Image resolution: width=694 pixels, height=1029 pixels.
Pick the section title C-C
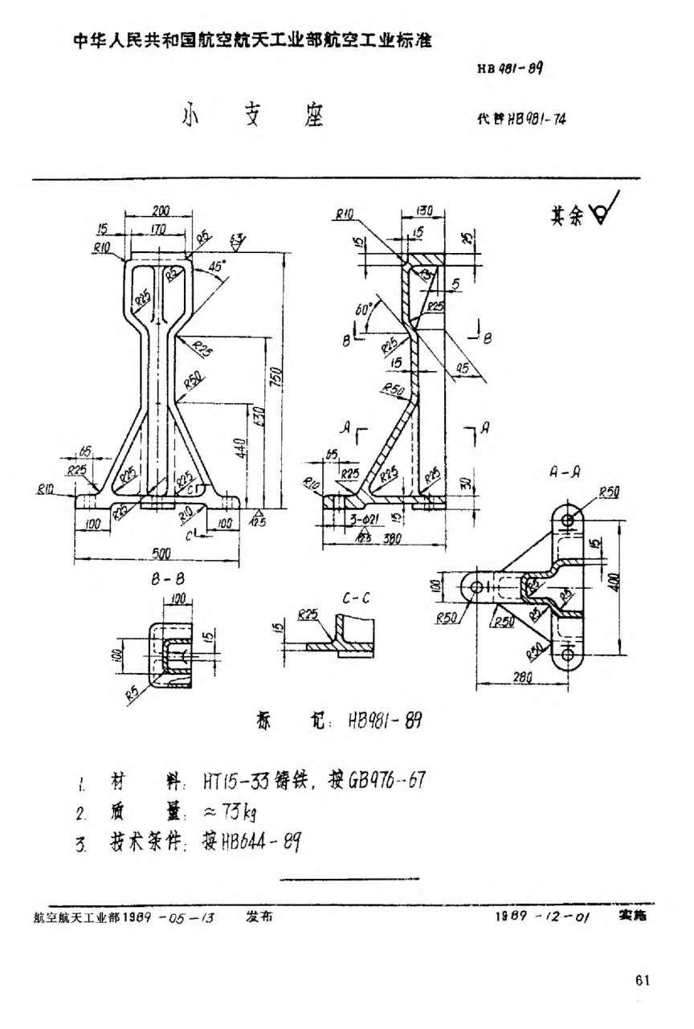[354, 598]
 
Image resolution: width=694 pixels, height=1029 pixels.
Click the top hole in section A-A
[569, 521]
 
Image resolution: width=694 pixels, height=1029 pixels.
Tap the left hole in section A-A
[476, 586]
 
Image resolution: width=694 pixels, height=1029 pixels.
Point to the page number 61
[643, 980]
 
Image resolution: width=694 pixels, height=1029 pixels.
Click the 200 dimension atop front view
[160, 210]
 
